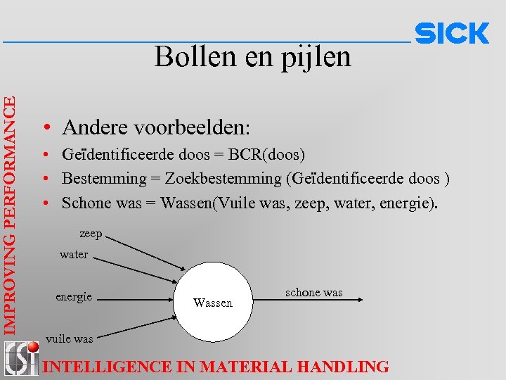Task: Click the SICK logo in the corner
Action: [452, 34]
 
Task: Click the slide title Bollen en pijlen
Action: [253, 56]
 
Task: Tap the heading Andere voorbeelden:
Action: [155, 127]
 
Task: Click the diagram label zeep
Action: [91, 233]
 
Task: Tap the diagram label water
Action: [74, 255]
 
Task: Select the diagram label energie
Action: [74, 296]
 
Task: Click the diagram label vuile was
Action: [69, 338]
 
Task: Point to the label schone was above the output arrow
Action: [313, 292]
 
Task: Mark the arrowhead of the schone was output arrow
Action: [359, 300]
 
